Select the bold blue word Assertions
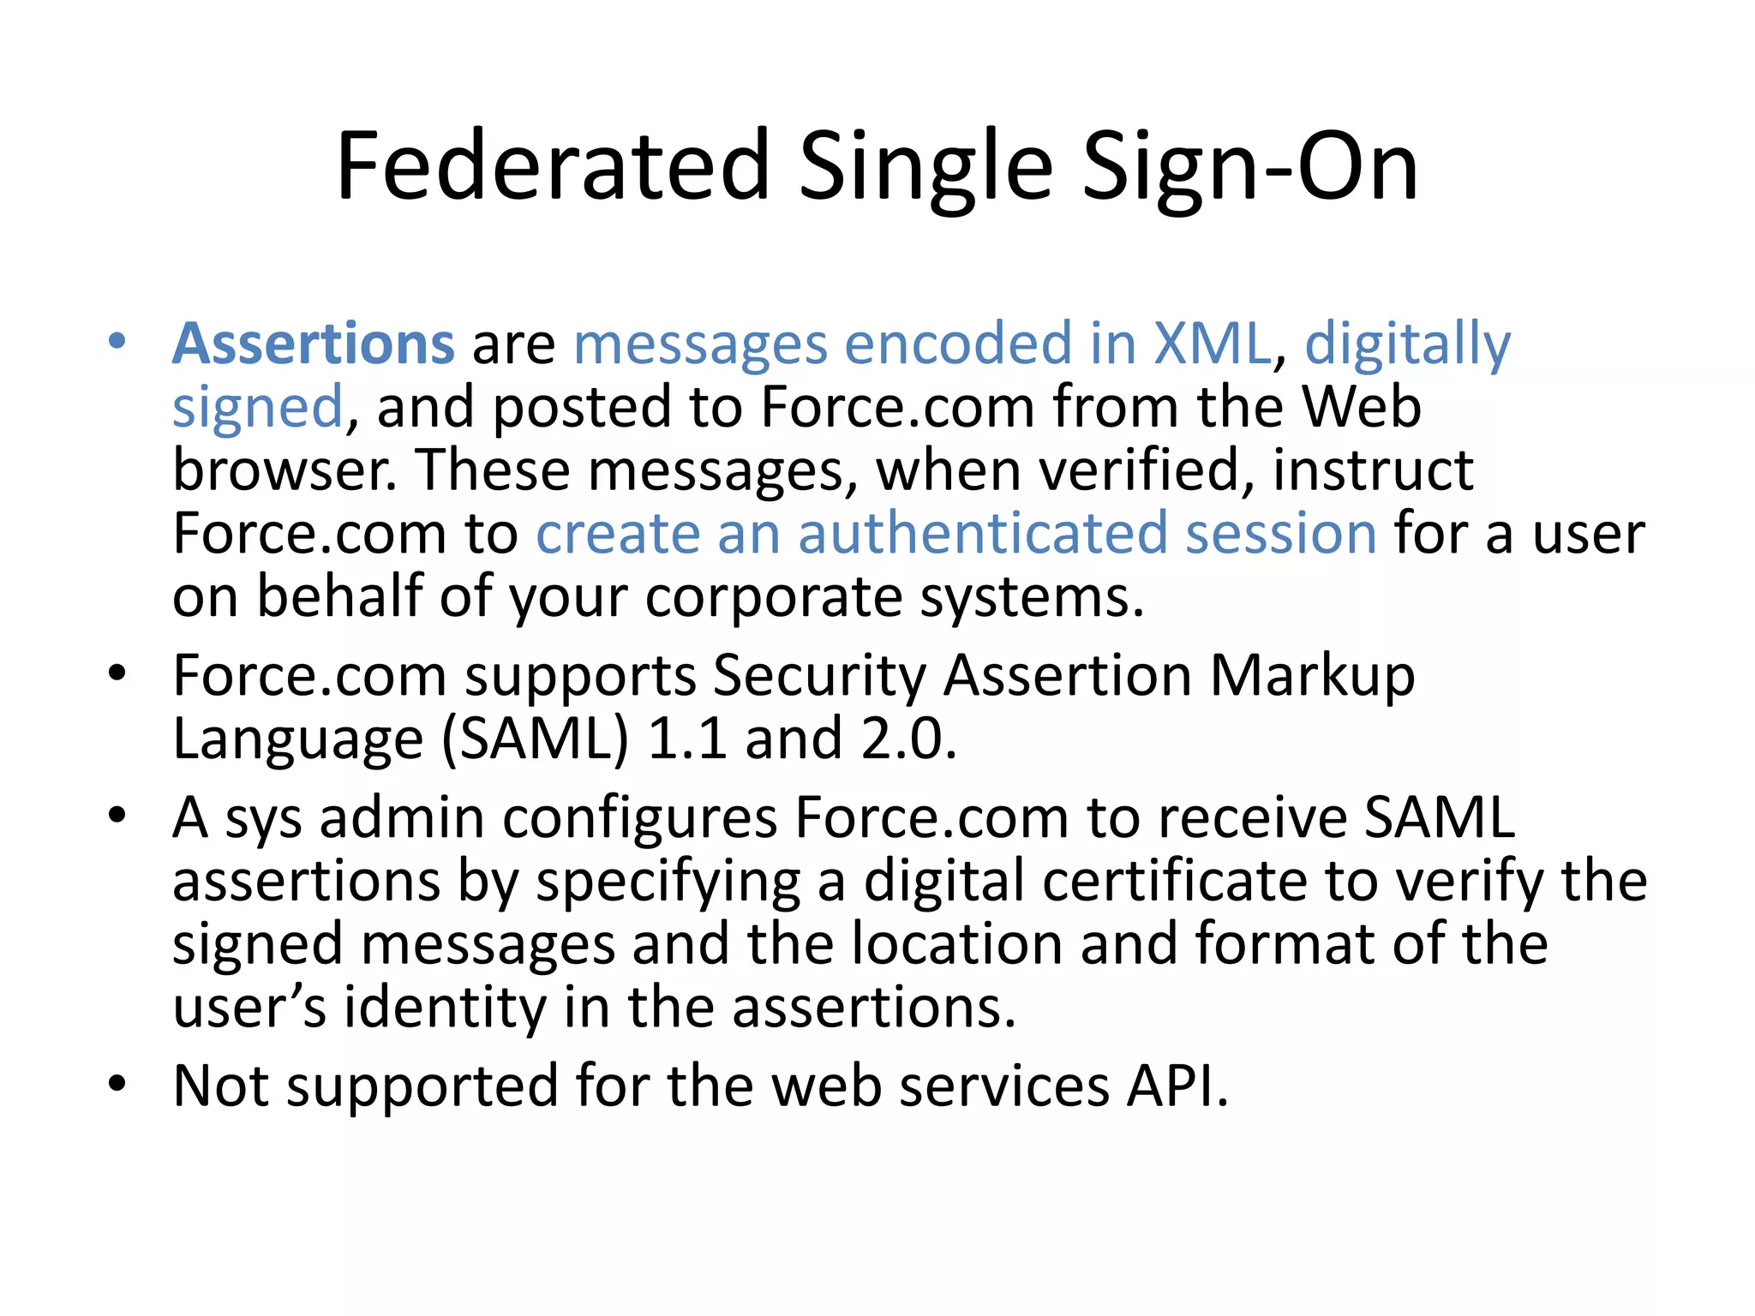tap(314, 344)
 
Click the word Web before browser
tap(1362, 406)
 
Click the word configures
tap(639, 819)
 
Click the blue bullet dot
tap(117, 342)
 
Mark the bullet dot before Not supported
tap(117, 1085)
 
